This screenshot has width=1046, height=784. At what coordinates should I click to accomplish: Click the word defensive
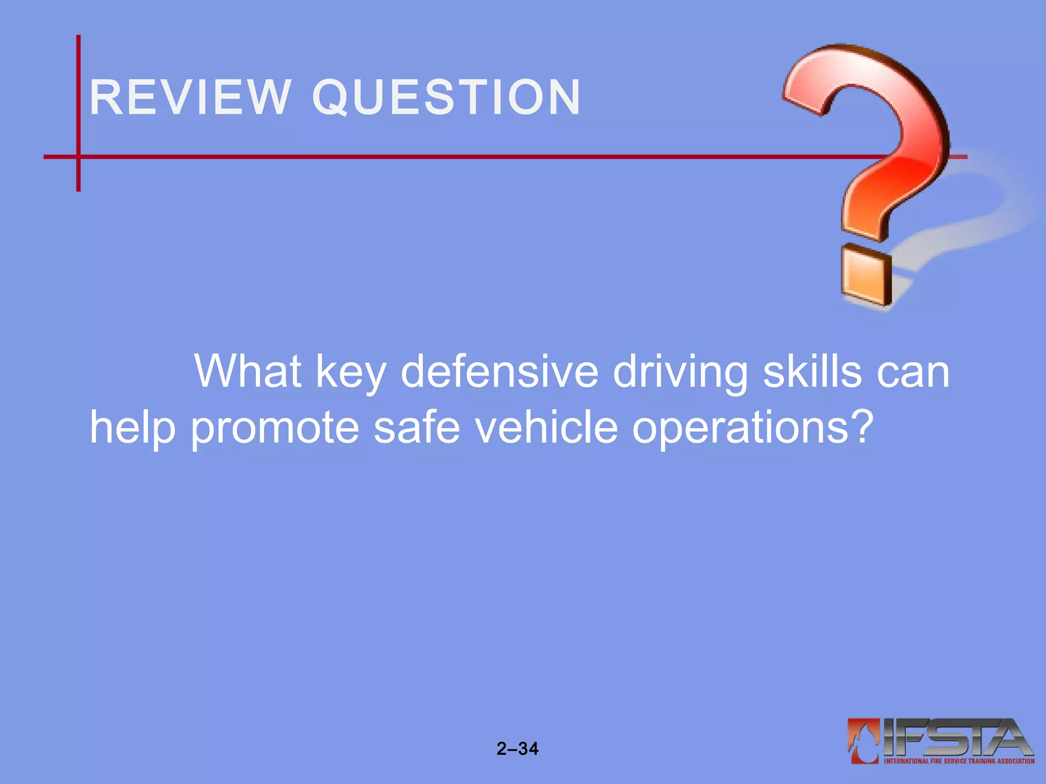point(500,371)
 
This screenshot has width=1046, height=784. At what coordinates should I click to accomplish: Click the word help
point(133,428)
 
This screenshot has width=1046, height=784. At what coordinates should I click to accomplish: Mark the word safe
point(417,427)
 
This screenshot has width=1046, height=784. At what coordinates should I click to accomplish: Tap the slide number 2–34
point(517,749)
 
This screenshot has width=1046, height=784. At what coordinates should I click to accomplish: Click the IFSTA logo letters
point(958,738)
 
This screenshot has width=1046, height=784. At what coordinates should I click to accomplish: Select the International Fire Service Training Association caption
point(959,761)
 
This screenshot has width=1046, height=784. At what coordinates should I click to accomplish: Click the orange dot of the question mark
point(866,276)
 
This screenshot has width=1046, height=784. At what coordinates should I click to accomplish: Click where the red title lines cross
point(79,157)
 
